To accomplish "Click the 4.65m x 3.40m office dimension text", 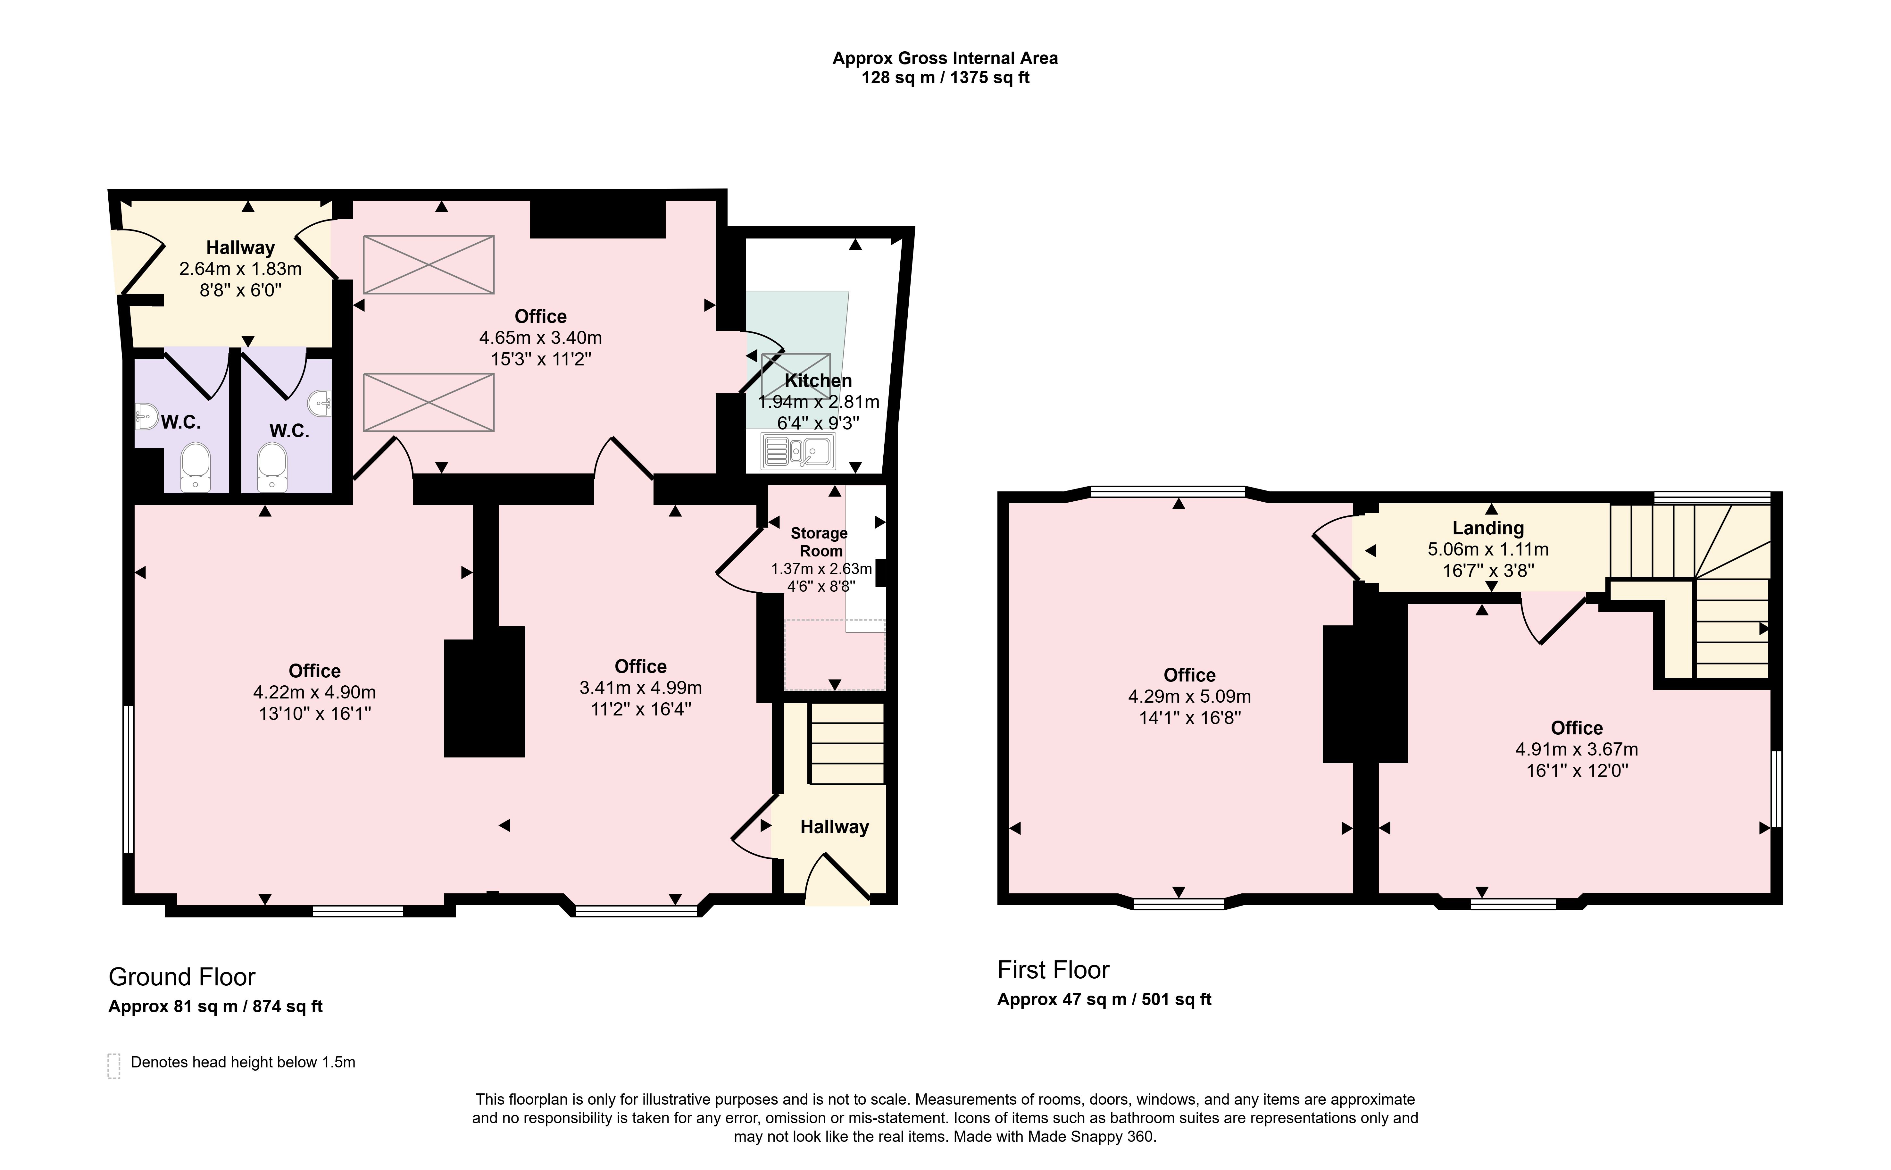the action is [540, 338].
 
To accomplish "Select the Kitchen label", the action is [818, 381].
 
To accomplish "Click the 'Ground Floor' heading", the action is [182, 976].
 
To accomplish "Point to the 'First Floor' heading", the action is [1053, 970].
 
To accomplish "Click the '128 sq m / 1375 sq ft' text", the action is [945, 77].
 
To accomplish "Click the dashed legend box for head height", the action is [114, 1066].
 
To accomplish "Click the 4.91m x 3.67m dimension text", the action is [1576, 749].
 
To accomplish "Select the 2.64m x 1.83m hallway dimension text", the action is [240, 269].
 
